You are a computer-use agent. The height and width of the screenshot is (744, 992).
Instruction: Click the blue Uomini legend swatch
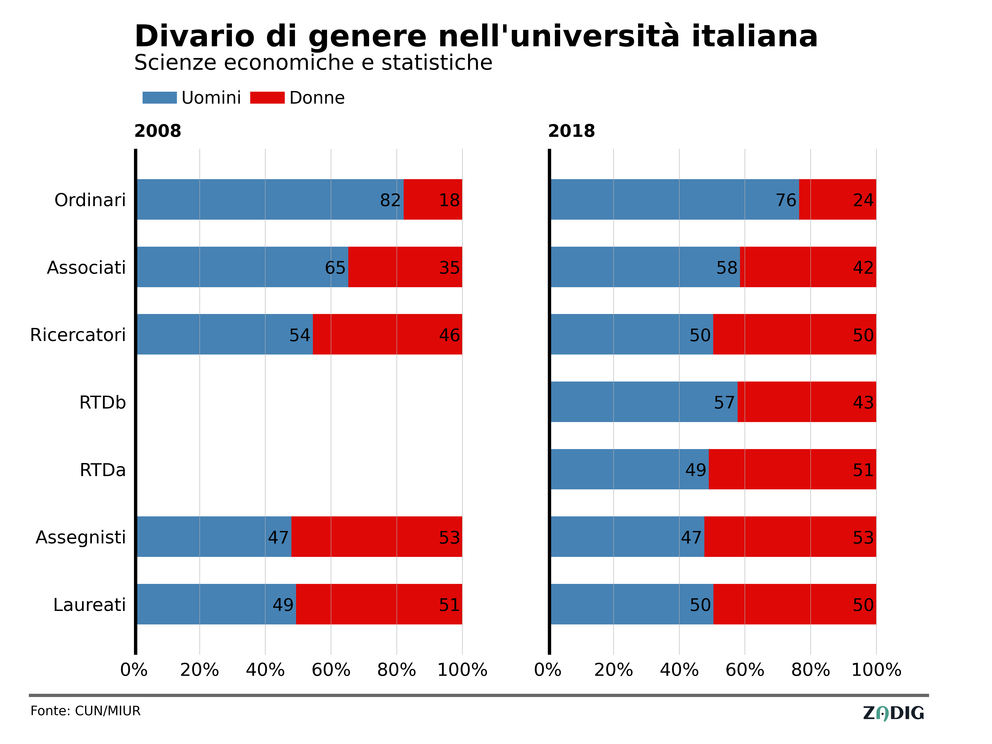160,98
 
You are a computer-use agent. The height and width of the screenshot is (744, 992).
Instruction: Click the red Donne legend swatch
267,98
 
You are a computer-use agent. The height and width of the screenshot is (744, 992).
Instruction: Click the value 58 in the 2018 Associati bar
727,268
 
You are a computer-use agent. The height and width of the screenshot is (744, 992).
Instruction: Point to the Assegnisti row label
81,537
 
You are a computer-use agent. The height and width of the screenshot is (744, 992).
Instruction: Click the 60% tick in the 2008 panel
331,670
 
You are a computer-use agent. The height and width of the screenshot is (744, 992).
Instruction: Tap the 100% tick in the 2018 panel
876,670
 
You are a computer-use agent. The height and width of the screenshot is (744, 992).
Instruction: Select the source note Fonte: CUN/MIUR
85,711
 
